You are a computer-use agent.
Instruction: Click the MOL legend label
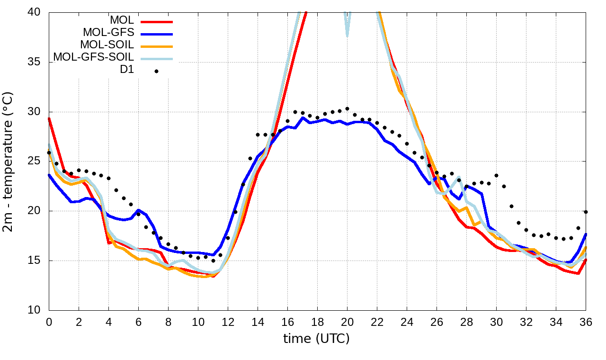[122, 20]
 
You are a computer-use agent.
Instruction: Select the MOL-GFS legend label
[108, 33]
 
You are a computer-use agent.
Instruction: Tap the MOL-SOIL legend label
[107, 45]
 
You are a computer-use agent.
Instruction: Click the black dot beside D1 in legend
[156, 71]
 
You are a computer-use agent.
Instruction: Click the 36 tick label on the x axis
[586, 322]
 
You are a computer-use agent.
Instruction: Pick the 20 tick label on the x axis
[347, 322]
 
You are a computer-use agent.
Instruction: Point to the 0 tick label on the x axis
[49, 322]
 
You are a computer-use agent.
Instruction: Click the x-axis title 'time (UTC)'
[316, 339]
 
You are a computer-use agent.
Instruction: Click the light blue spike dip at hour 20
[347, 35]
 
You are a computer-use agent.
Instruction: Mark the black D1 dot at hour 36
[586, 212]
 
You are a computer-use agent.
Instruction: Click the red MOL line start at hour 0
[49, 119]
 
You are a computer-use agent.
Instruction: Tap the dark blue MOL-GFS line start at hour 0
[49, 175]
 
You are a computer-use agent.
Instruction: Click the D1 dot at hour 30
[497, 176]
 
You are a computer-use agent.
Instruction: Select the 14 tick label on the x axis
[258, 322]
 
